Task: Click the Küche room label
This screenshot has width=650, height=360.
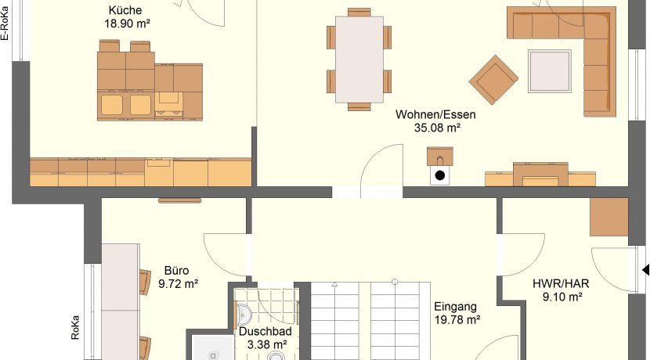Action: coord(125,10)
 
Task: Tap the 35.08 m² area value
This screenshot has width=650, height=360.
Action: coord(437,128)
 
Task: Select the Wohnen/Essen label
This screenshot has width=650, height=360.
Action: coord(435,114)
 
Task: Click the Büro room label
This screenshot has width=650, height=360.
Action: coord(176,271)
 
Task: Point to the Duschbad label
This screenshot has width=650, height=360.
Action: coord(265,331)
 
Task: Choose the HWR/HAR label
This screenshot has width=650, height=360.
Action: coord(561,284)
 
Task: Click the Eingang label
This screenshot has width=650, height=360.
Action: coord(455,307)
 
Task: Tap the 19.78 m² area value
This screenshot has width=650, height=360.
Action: coord(457,320)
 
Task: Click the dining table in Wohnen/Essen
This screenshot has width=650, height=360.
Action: coord(359,59)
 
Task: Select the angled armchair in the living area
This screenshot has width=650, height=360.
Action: coord(493,80)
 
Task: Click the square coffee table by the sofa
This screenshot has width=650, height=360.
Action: coord(550,71)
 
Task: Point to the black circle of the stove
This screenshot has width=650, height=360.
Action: coord(440,175)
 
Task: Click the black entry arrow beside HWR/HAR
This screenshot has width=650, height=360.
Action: coord(646,270)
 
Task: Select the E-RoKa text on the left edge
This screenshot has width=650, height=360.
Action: coord(5,23)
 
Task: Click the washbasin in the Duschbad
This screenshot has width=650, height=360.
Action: coord(244,314)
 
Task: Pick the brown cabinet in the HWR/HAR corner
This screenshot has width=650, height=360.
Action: coord(609,217)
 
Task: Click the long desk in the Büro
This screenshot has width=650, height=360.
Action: coord(121,301)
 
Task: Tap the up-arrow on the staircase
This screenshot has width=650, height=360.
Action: coord(334,284)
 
